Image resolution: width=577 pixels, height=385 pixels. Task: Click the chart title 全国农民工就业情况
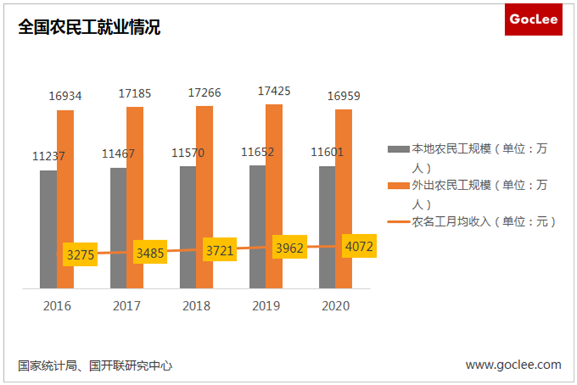coord(89,27)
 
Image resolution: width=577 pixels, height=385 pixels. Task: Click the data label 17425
coord(273,91)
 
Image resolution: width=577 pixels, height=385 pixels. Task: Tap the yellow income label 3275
coord(81,254)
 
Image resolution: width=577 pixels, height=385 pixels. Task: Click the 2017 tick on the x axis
coord(126,306)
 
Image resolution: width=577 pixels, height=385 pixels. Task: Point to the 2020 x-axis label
coord(336,306)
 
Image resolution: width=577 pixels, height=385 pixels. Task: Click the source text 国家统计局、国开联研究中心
coord(95,366)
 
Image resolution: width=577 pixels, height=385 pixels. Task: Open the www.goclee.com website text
coord(513,365)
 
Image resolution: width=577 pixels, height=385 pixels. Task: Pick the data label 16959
coord(344,97)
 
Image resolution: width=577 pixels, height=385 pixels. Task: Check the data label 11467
coord(118,154)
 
